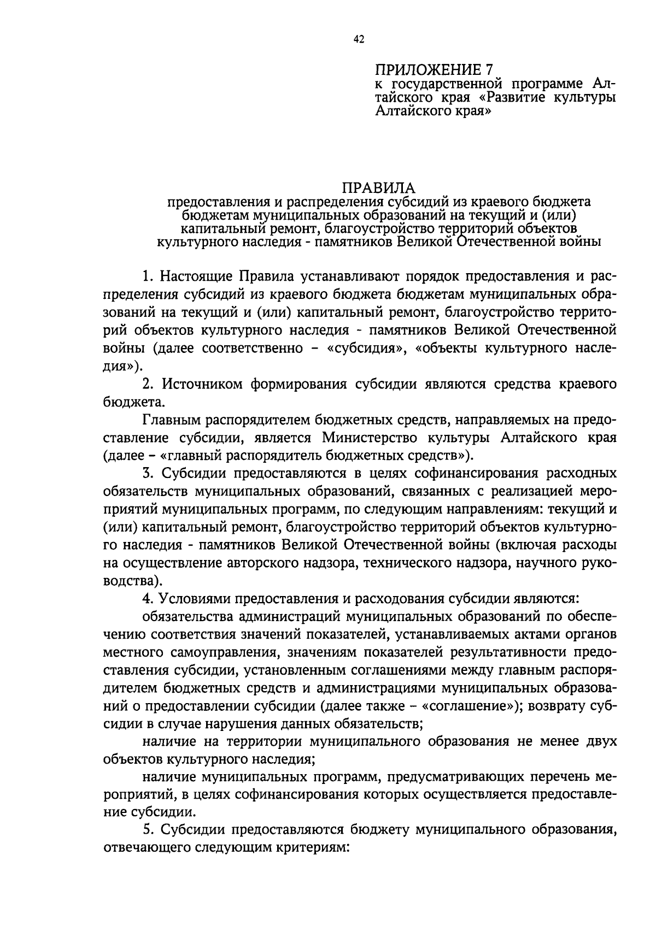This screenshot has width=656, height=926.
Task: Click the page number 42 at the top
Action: point(359,39)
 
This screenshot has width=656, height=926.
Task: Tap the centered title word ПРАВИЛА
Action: point(378,188)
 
